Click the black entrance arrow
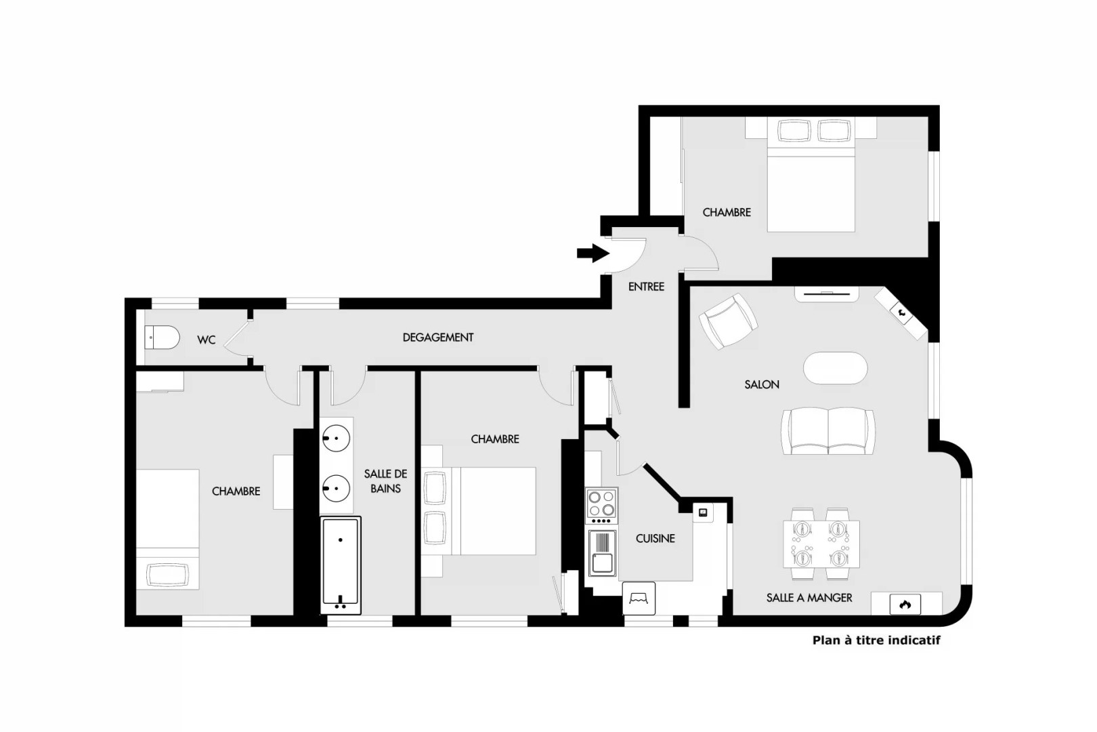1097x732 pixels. (593, 253)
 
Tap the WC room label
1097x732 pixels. (206, 340)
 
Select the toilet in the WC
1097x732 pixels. (162, 338)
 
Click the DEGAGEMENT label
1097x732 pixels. (438, 338)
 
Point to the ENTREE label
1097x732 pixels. (646, 287)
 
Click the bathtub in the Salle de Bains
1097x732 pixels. (341, 565)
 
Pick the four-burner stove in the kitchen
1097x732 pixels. (601, 506)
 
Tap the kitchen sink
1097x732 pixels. (602, 554)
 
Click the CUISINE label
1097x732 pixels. (655, 538)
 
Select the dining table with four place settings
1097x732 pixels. (821, 544)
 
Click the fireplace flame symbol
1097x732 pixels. (905, 605)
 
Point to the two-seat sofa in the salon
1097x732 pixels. (828, 432)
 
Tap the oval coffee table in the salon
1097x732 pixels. (836, 368)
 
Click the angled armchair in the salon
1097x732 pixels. (728, 321)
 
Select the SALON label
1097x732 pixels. (762, 385)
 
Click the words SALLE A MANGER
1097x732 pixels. (809, 598)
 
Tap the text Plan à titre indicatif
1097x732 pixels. (876, 640)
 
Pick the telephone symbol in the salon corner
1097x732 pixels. (901, 310)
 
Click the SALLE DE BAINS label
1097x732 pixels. (385, 481)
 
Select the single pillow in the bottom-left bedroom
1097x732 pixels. (168, 575)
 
